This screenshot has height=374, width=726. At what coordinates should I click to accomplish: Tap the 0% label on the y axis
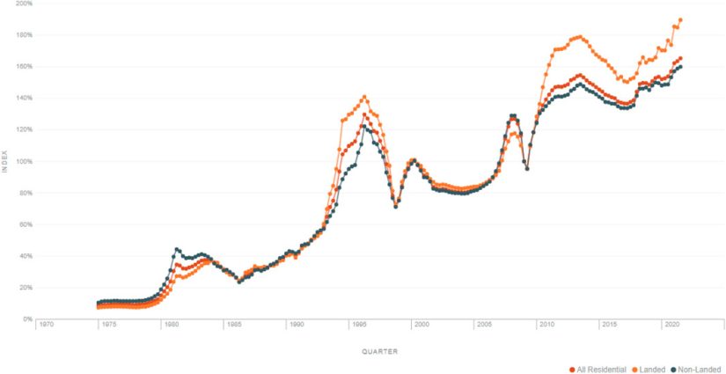click(26, 319)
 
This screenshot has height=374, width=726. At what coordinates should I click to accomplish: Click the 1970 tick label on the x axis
click(46, 325)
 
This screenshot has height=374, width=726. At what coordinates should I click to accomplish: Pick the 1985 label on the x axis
click(234, 325)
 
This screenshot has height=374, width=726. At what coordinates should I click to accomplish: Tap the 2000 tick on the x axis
click(422, 325)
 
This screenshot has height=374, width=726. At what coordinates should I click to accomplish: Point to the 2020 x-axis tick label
click(671, 325)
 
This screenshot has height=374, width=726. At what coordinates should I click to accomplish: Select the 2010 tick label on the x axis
click(546, 325)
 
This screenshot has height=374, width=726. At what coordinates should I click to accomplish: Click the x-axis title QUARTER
click(380, 351)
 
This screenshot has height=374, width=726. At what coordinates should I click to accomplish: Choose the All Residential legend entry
click(600, 370)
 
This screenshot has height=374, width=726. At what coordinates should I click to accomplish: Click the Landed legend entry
click(649, 370)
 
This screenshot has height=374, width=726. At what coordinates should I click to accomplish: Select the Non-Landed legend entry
click(697, 370)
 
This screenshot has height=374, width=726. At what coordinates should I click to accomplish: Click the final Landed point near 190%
click(681, 19)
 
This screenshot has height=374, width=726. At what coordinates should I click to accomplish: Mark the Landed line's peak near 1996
click(364, 97)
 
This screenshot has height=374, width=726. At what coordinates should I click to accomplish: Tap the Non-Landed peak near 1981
click(177, 249)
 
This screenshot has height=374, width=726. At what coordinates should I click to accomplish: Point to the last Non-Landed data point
click(681, 67)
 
